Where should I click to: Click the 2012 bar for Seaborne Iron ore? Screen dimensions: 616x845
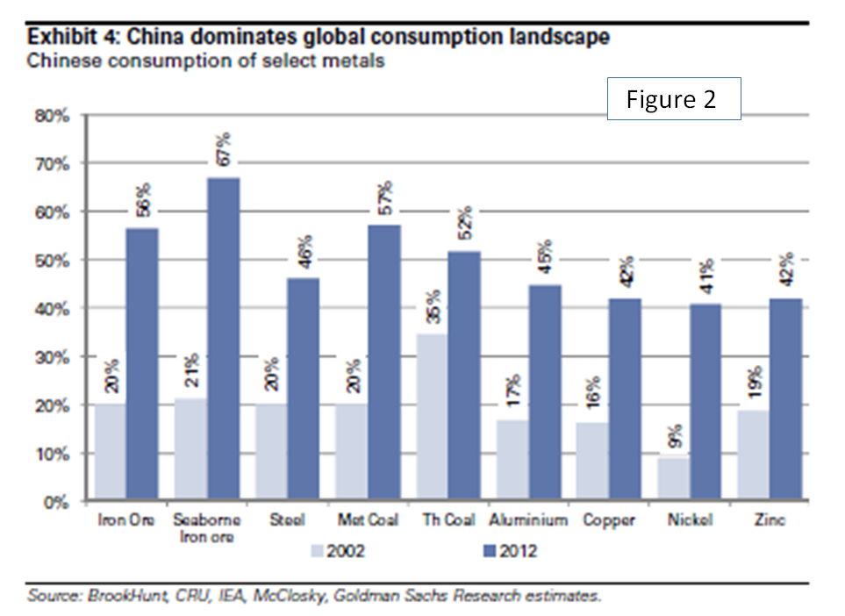tap(223, 340)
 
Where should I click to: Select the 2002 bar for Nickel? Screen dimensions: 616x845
tap(673, 479)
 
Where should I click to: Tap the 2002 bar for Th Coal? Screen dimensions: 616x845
tap(432, 418)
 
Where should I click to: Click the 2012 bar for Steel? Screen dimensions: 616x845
tap(304, 390)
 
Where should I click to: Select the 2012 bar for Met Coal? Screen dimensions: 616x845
tap(383, 364)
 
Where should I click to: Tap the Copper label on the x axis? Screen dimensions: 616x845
tap(607, 520)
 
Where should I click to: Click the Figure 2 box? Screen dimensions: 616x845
tap(674, 98)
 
